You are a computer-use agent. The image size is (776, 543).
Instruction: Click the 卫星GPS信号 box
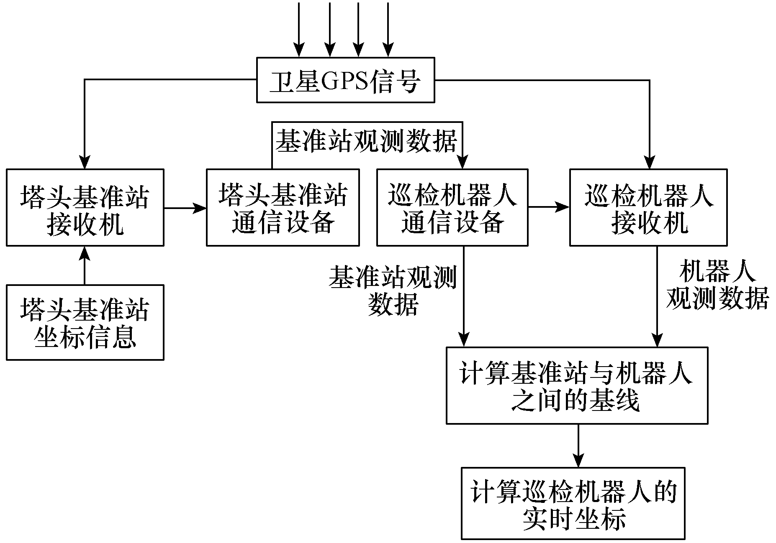(345, 80)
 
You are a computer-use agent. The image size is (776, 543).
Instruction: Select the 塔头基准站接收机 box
(85, 207)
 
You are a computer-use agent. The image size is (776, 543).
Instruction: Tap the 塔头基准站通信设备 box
(283, 207)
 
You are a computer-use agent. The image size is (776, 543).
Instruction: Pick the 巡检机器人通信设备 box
(452, 207)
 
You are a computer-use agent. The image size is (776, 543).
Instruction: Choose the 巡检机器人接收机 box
(648, 207)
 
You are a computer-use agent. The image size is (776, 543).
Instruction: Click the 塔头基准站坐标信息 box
(85, 322)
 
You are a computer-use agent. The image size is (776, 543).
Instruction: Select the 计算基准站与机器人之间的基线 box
(577, 385)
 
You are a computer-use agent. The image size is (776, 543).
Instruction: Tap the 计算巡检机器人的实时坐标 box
(573, 503)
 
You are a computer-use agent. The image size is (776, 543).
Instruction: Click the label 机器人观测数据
(717, 286)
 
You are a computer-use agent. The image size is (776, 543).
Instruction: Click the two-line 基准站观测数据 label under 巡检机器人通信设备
(393, 291)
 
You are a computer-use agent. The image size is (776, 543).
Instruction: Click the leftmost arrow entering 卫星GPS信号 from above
(298, 29)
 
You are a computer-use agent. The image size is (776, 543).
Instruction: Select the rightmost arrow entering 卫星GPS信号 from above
(388, 29)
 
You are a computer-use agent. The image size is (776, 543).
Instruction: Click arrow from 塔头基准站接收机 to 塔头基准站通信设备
(185, 207)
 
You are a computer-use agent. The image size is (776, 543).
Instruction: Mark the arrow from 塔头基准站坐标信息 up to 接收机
(85, 265)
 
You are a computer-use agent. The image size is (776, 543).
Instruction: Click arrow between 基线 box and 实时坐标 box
(578, 446)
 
